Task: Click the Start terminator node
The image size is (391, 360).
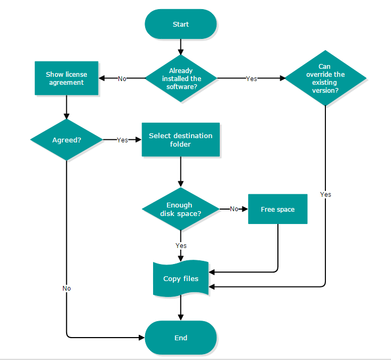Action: coord(181,24)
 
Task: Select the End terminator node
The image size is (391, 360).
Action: coord(181,338)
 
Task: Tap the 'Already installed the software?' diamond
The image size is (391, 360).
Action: coord(181,78)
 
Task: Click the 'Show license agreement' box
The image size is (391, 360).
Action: coord(66,78)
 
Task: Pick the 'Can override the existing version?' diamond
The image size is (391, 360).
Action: coord(325,78)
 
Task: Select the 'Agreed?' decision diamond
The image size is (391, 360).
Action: coord(66,140)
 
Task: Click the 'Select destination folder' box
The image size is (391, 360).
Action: coord(181,140)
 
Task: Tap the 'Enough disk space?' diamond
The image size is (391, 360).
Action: coord(181,209)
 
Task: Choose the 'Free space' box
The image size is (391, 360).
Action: coord(277,209)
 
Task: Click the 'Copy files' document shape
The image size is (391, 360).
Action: coord(181,278)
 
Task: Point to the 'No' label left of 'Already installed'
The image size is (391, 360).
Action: coord(122,79)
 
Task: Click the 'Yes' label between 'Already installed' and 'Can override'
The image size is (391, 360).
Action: coord(251,79)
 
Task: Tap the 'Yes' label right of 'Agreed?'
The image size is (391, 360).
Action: coord(122,140)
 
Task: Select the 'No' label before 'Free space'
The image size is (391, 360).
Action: coord(234,209)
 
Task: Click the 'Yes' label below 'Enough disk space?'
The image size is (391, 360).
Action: coord(181,246)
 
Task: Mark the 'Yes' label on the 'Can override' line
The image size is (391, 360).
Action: coord(325,195)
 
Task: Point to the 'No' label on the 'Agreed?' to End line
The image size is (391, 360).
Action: coord(67,289)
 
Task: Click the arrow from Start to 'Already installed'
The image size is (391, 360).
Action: coord(181,47)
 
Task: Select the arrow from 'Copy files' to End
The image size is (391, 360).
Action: coord(181,308)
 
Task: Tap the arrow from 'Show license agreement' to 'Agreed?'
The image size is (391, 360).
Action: coord(66,107)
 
